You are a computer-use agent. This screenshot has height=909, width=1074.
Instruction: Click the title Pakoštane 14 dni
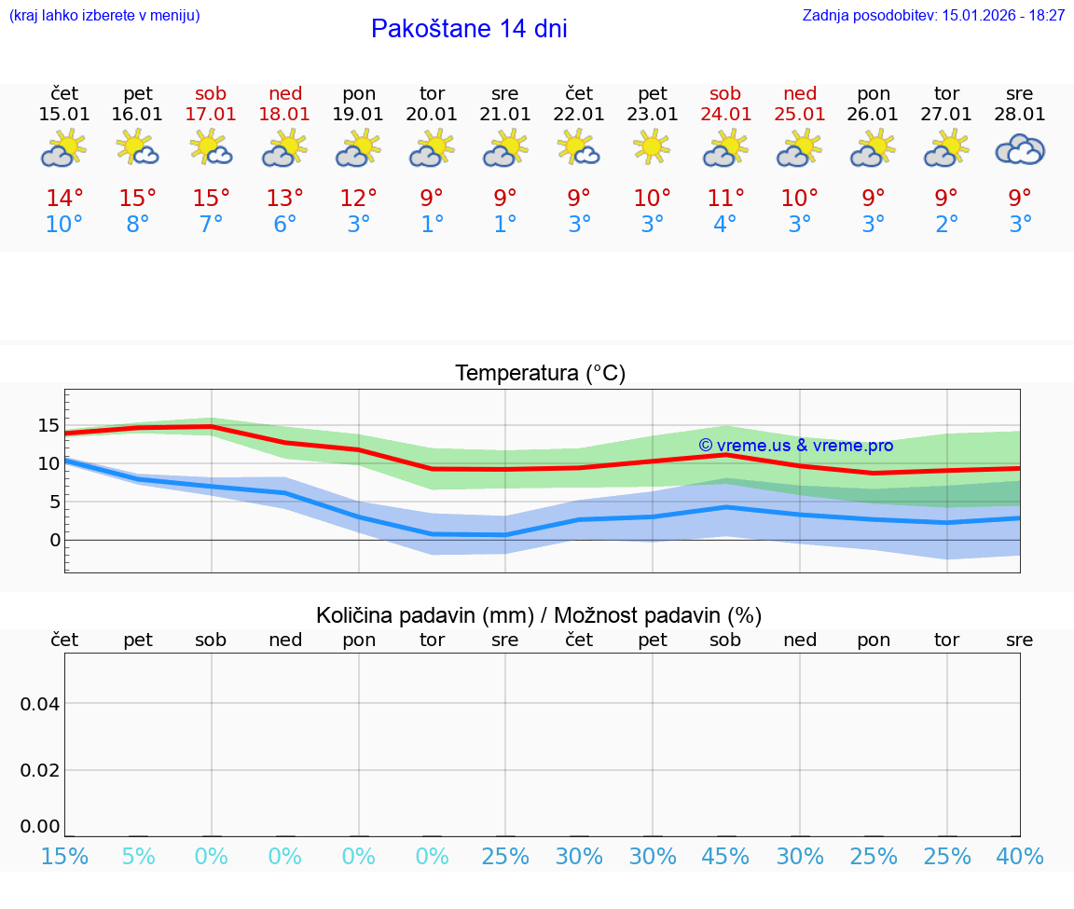coord(469,29)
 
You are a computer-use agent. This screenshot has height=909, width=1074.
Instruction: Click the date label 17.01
coord(211,114)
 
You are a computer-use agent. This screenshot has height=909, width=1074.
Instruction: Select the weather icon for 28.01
coord(1020,149)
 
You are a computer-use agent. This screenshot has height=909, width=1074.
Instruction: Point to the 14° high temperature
coord(64,199)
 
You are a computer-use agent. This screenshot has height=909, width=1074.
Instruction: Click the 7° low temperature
coord(211,225)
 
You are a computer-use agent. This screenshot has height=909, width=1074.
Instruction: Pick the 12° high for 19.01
coord(358,199)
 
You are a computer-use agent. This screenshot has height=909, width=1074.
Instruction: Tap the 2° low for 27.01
coord(946,225)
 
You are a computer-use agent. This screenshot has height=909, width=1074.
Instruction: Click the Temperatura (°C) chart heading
coord(540,374)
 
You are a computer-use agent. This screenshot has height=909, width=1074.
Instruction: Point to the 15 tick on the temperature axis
coord(48,425)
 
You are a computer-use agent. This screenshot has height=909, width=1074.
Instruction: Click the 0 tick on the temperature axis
coord(55,540)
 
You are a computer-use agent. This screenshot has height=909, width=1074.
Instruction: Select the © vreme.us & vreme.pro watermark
coord(796,446)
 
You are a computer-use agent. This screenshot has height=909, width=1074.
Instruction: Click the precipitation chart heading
coord(539,615)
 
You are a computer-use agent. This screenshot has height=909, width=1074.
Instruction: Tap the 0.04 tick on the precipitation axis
coord(41,704)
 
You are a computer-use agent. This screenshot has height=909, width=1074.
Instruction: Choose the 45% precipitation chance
coord(725,856)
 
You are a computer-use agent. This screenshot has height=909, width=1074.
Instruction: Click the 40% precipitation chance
coord(1020,856)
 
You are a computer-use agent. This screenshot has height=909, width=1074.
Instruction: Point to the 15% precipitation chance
coord(64,856)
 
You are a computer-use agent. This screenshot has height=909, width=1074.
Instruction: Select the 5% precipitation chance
coord(138,856)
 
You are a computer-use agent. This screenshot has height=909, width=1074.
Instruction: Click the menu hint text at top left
coord(103,15)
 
